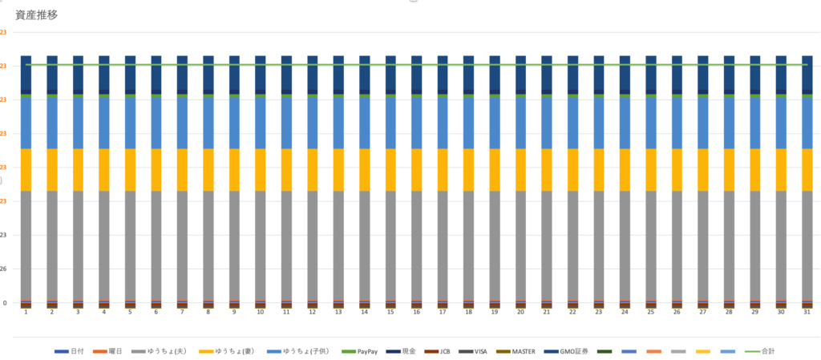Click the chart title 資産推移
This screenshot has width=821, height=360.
click(37, 14)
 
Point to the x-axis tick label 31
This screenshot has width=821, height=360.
click(807, 312)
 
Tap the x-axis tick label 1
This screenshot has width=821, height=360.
click(26, 312)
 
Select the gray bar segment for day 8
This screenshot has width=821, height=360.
click(208, 245)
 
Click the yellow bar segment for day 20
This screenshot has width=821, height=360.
click(520, 169)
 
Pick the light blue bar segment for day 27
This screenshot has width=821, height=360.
click(702, 123)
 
